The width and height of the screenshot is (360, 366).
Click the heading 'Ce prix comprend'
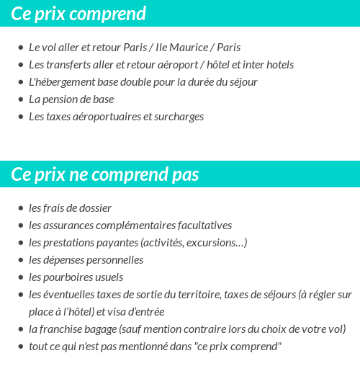78,14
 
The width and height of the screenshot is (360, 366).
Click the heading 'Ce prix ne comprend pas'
105,175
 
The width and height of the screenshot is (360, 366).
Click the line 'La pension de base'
71,99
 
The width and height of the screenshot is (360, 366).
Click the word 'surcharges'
179,117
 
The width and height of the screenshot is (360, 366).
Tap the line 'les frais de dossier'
70,208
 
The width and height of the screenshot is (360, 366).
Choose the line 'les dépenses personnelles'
86,260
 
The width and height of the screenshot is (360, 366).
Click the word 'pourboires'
68,277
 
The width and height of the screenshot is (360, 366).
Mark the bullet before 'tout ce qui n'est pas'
21,347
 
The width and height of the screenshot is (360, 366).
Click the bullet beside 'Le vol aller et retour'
21,48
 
